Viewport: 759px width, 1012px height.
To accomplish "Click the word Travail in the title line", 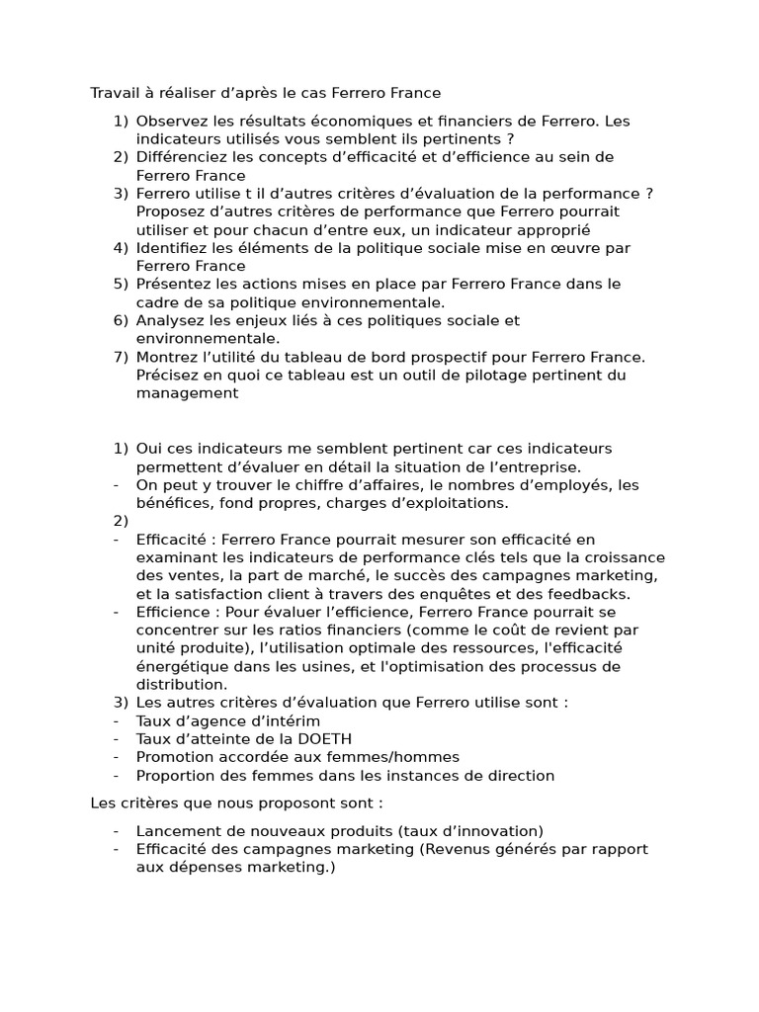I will pyautogui.click(x=116, y=93).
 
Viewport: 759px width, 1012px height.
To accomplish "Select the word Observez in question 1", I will pyautogui.click(x=171, y=121).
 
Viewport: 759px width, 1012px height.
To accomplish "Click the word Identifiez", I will pyautogui.click(x=171, y=248).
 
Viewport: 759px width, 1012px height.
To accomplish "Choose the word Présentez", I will pyautogui.click(x=172, y=285).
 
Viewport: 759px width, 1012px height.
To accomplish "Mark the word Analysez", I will pyautogui.click(x=168, y=321).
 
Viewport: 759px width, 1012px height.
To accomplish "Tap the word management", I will pyautogui.click(x=187, y=393).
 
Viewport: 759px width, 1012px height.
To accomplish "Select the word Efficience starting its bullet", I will pyautogui.click(x=171, y=612).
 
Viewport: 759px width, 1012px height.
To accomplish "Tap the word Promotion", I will pyautogui.click(x=173, y=757).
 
